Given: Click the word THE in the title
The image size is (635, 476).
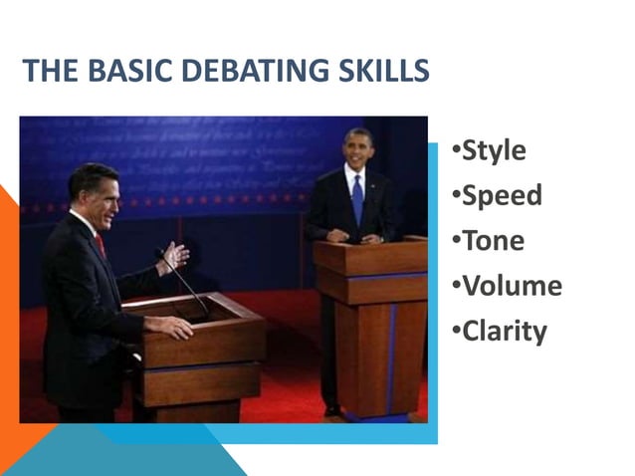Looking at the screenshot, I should pyautogui.click(x=45, y=72).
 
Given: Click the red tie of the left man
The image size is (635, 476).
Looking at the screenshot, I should pyautogui.click(x=100, y=245).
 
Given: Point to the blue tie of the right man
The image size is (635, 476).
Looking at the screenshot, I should pyautogui.click(x=357, y=199).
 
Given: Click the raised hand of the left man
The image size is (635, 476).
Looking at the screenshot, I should pyautogui.click(x=174, y=256).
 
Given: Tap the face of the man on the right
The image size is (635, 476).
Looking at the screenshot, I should pyautogui.click(x=356, y=150).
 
